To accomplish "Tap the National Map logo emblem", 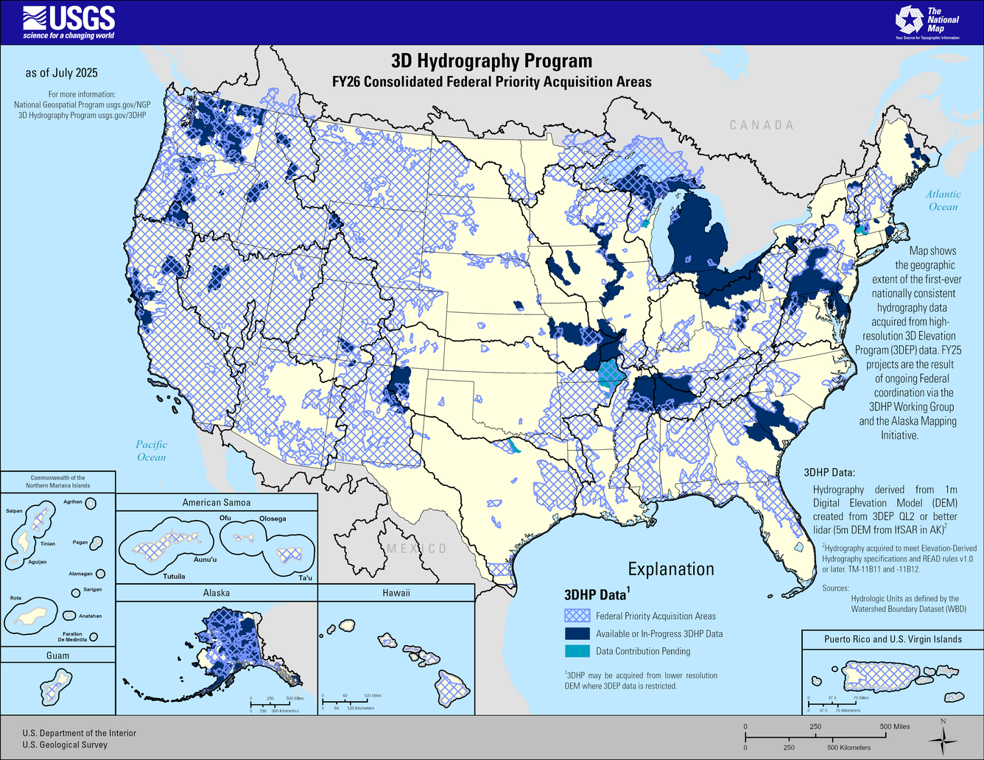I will coord(909,20).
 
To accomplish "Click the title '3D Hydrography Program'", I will coord(491,61).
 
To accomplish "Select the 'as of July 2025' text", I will coord(62,73).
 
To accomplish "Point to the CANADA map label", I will coord(762,125).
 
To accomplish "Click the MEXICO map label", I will coord(417,549).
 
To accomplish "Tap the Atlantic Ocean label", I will coord(943,200).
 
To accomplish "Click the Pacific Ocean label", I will coord(151,451).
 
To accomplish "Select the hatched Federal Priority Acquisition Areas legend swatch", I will coord(577,616).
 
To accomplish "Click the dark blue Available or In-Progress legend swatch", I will coord(577,633).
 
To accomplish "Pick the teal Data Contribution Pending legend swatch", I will coord(577,651).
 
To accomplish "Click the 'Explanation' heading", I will coord(671,569).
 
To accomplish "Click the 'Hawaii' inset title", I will coord(396,593).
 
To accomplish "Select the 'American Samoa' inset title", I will coord(217,502).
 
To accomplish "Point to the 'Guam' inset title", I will coord(58,655).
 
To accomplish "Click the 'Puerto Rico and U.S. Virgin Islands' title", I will coord(893,639).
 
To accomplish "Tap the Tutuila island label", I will coord(174,577).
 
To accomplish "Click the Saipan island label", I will coord(14,510).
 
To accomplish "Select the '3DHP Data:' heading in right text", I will coord(829,472).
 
